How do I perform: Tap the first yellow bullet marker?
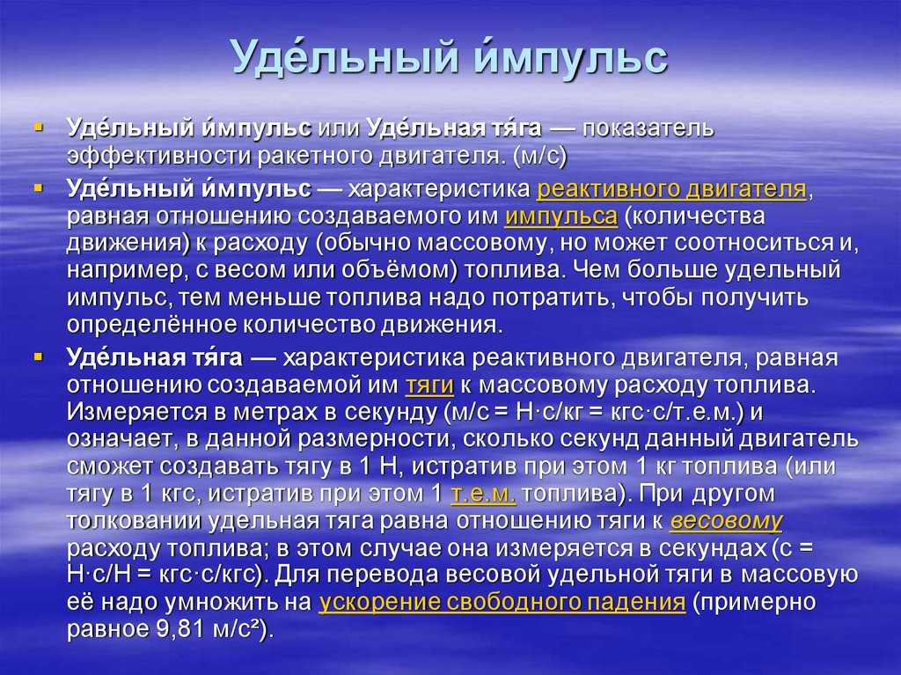click(x=39, y=124)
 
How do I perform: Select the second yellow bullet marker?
click(x=39, y=187)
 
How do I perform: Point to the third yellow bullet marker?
click(x=39, y=357)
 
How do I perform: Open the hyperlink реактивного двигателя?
click(x=671, y=190)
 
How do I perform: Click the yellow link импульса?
click(x=560, y=217)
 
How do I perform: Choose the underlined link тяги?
click(x=429, y=386)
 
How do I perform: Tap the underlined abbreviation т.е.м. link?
click(x=483, y=494)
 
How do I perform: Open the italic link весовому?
click(x=726, y=521)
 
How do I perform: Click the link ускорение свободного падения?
click(x=502, y=602)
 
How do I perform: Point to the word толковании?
click(x=134, y=521)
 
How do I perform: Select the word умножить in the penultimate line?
click(x=221, y=603)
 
